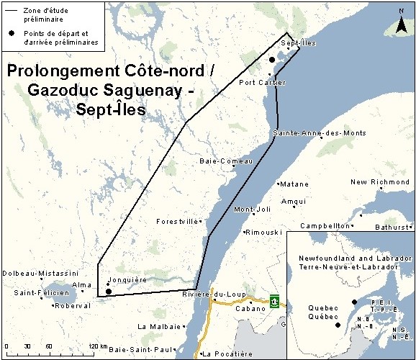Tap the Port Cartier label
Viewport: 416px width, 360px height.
click(262, 82)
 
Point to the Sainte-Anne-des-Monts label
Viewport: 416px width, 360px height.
click(320, 133)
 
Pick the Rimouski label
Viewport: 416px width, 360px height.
click(263, 233)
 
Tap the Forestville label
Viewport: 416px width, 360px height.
click(176, 222)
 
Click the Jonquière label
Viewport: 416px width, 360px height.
click(127, 280)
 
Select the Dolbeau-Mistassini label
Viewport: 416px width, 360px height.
click(40, 274)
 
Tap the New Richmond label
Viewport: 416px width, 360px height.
click(380, 182)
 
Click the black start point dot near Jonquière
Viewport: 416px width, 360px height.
click(108, 292)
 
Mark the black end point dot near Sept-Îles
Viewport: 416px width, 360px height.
click(271, 60)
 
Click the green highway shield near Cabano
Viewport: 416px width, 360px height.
click(274, 300)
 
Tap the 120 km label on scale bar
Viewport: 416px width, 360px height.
click(97, 348)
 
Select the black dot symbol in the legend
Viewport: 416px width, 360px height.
click(12, 34)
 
